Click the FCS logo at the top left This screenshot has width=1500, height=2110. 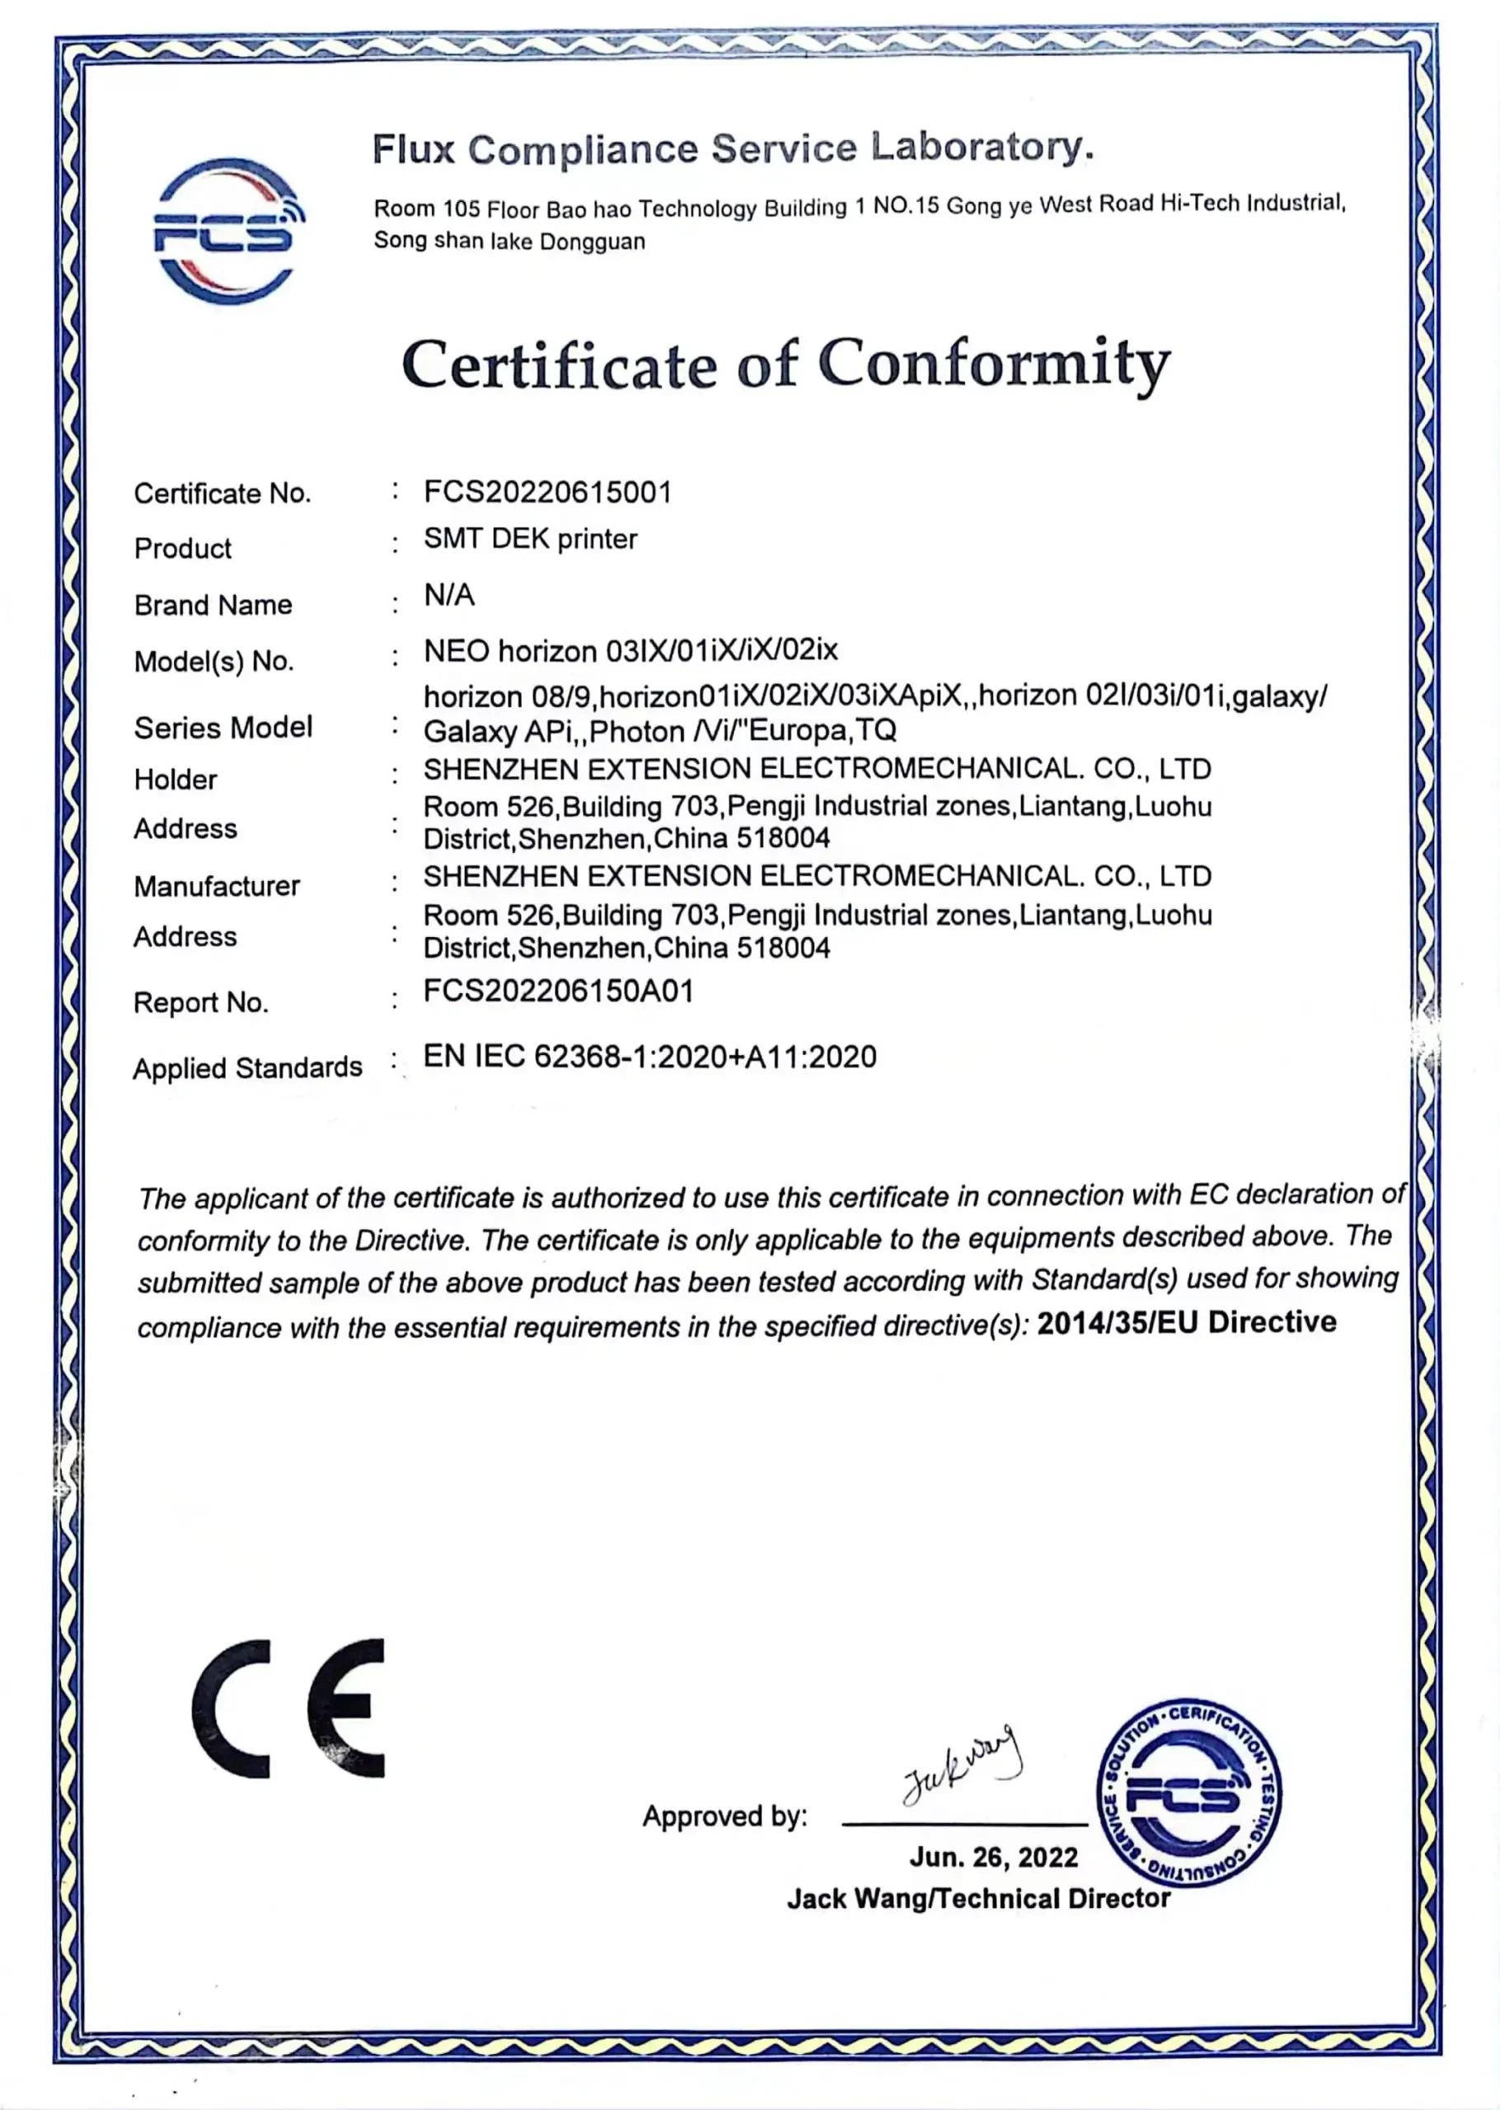click(x=228, y=231)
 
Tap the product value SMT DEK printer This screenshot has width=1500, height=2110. click(x=530, y=539)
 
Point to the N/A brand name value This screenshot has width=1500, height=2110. click(x=449, y=596)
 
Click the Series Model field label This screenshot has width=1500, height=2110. click(x=223, y=728)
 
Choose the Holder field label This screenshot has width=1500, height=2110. click(x=176, y=781)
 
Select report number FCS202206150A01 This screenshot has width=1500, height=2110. click(x=558, y=992)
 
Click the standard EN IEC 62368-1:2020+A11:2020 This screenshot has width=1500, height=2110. click(x=649, y=1057)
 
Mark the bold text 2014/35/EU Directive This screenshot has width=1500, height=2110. click(x=1186, y=1323)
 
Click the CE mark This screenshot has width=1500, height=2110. click(x=288, y=1709)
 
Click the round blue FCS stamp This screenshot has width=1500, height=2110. click(x=1188, y=1793)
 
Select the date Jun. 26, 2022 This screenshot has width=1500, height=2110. click(x=993, y=1857)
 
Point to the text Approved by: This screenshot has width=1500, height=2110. click(x=724, y=1817)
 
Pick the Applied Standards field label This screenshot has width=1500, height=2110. click(x=247, y=1068)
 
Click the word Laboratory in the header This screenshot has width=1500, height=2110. click(x=982, y=148)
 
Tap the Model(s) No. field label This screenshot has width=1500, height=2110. click(x=213, y=661)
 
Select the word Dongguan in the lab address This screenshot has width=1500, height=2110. click(x=592, y=242)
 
